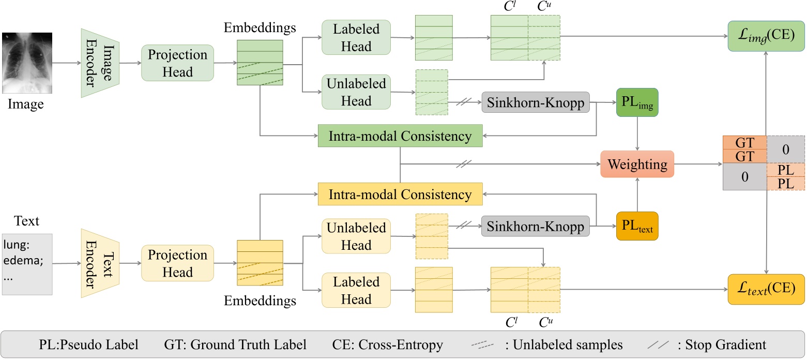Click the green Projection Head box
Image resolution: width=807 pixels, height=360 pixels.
point(177,63)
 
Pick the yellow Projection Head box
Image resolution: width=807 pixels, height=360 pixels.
point(177,264)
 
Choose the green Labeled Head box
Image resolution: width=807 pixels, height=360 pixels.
point(356,38)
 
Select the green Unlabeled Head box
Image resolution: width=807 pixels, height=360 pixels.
point(356,92)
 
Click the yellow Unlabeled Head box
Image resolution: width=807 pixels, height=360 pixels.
point(356,236)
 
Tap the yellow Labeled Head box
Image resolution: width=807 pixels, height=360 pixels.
point(356,291)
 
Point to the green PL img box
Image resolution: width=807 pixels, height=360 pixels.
point(637,102)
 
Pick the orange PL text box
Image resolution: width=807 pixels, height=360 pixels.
point(637,226)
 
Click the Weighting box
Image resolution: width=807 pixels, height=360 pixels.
point(637,164)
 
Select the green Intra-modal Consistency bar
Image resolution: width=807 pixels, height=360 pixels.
point(400,136)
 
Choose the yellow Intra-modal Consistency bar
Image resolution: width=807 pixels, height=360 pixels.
point(400,194)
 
